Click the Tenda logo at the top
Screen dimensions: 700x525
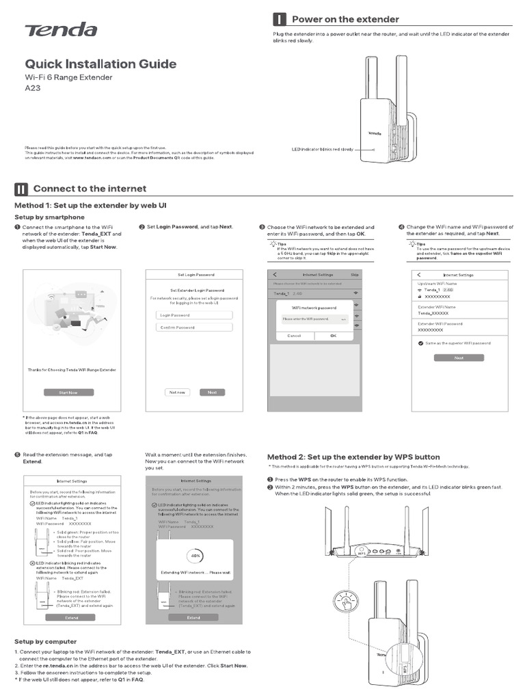tap(61, 30)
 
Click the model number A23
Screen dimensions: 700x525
tap(33, 96)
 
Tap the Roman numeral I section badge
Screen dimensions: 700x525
tap(280, 19)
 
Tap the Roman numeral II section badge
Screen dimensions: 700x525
tap(21, 189)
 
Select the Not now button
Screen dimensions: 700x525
tap(178, 392)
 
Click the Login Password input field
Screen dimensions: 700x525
tap(193, 315)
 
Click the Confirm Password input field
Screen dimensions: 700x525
tap(193, 327)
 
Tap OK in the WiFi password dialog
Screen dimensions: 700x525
tap(333, 336)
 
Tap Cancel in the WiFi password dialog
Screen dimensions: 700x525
tap(294, 336)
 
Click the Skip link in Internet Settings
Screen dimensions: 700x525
tap(354, 275)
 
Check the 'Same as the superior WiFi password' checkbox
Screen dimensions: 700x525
tap(421, 342)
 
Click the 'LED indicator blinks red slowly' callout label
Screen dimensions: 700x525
tap(322, 148)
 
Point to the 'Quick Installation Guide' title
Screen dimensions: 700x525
tap(100, 64)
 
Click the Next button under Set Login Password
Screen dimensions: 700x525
tap(212, 392)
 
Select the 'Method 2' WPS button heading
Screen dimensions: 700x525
tap(353, 457)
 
